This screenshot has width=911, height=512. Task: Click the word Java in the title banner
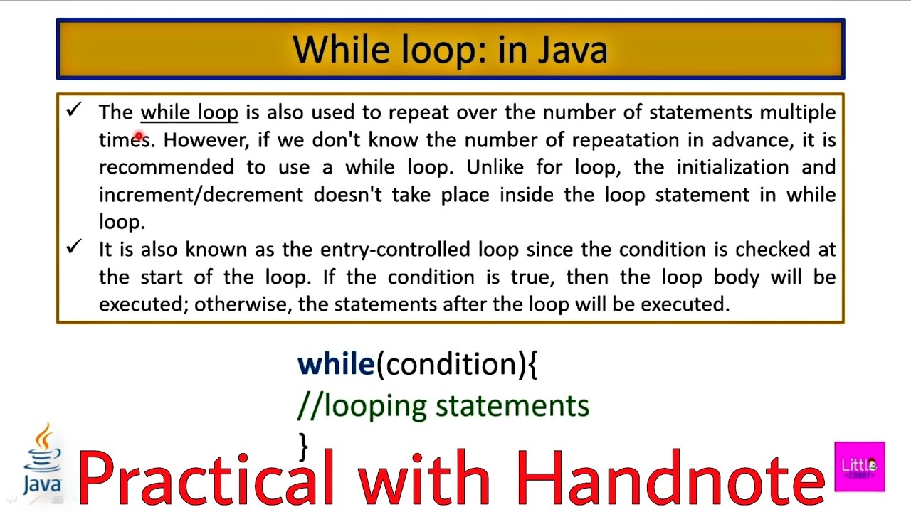pyautogui.click(x=573, y=50)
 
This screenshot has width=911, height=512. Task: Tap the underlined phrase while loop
pyautogui.click(x=189, y=112)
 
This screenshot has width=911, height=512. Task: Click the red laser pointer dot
pyautogui.click(x=139, y=135)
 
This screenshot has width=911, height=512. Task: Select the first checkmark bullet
pyautogui.click(x=74, y=110)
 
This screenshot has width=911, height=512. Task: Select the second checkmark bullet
pyautogui.click(x=74, y=247)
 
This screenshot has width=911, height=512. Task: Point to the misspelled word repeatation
pyautogui.click(x=626, y=141)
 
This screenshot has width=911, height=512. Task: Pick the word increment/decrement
pyautogui.click(x=201, y=195)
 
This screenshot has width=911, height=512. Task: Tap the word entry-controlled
pyautogui.click(x=395, y=250)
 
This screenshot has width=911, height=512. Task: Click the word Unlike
pyautogui.click(x=495, y=167)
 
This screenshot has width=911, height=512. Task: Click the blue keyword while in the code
pyautogui.click(x=336, y=364)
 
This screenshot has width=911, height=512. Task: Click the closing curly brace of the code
pyautogui.click(x=303, y=447)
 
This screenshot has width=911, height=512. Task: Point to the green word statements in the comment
pyautogui.click(x=512, y=406)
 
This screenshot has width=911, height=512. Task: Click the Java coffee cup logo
pyautogui.click(x=43, y=459)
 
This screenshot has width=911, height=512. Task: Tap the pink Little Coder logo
pyautogui.click(x=859, y=466)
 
